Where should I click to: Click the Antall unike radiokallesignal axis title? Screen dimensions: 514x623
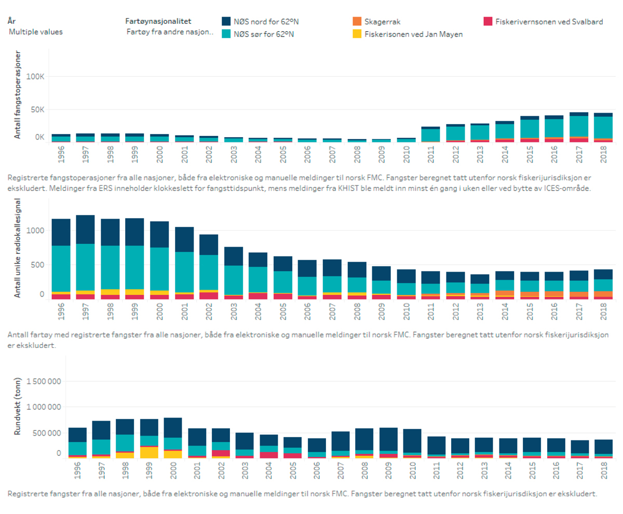point(17,248)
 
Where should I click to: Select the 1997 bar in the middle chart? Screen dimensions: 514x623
point(85,257)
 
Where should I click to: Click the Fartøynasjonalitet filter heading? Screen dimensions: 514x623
point(158,21)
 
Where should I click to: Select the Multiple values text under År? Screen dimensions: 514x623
point(36,32)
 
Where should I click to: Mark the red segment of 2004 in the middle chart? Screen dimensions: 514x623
point(258,296)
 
